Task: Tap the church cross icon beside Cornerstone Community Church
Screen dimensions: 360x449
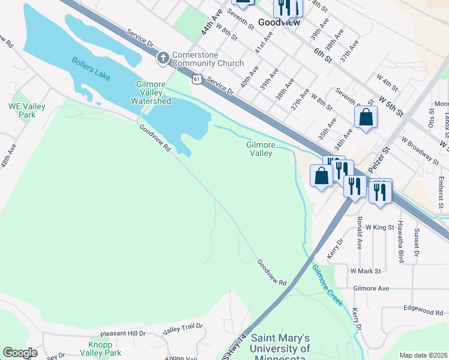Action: point(162,58)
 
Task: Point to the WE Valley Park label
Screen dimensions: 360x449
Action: point(26,110)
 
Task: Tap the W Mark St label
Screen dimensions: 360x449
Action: point(366,271)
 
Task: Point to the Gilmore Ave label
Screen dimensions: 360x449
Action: point(371,289)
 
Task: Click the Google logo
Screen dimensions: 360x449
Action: point(20,353)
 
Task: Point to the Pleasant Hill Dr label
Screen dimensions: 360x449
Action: point(123,333)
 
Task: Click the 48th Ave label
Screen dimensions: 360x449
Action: point(9,158)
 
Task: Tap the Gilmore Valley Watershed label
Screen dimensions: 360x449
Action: point(154,92)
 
